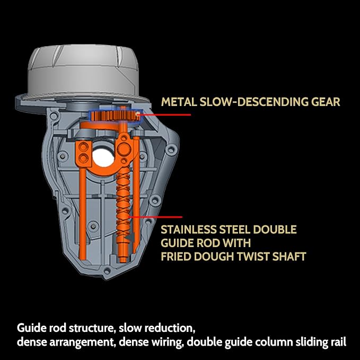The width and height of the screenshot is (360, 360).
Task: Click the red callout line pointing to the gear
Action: [164, 115]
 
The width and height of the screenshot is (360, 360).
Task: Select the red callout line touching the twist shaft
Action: [155, 217]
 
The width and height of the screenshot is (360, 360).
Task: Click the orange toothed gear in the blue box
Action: [115, 116]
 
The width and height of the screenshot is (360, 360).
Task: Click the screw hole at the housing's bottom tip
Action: [107, 271]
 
